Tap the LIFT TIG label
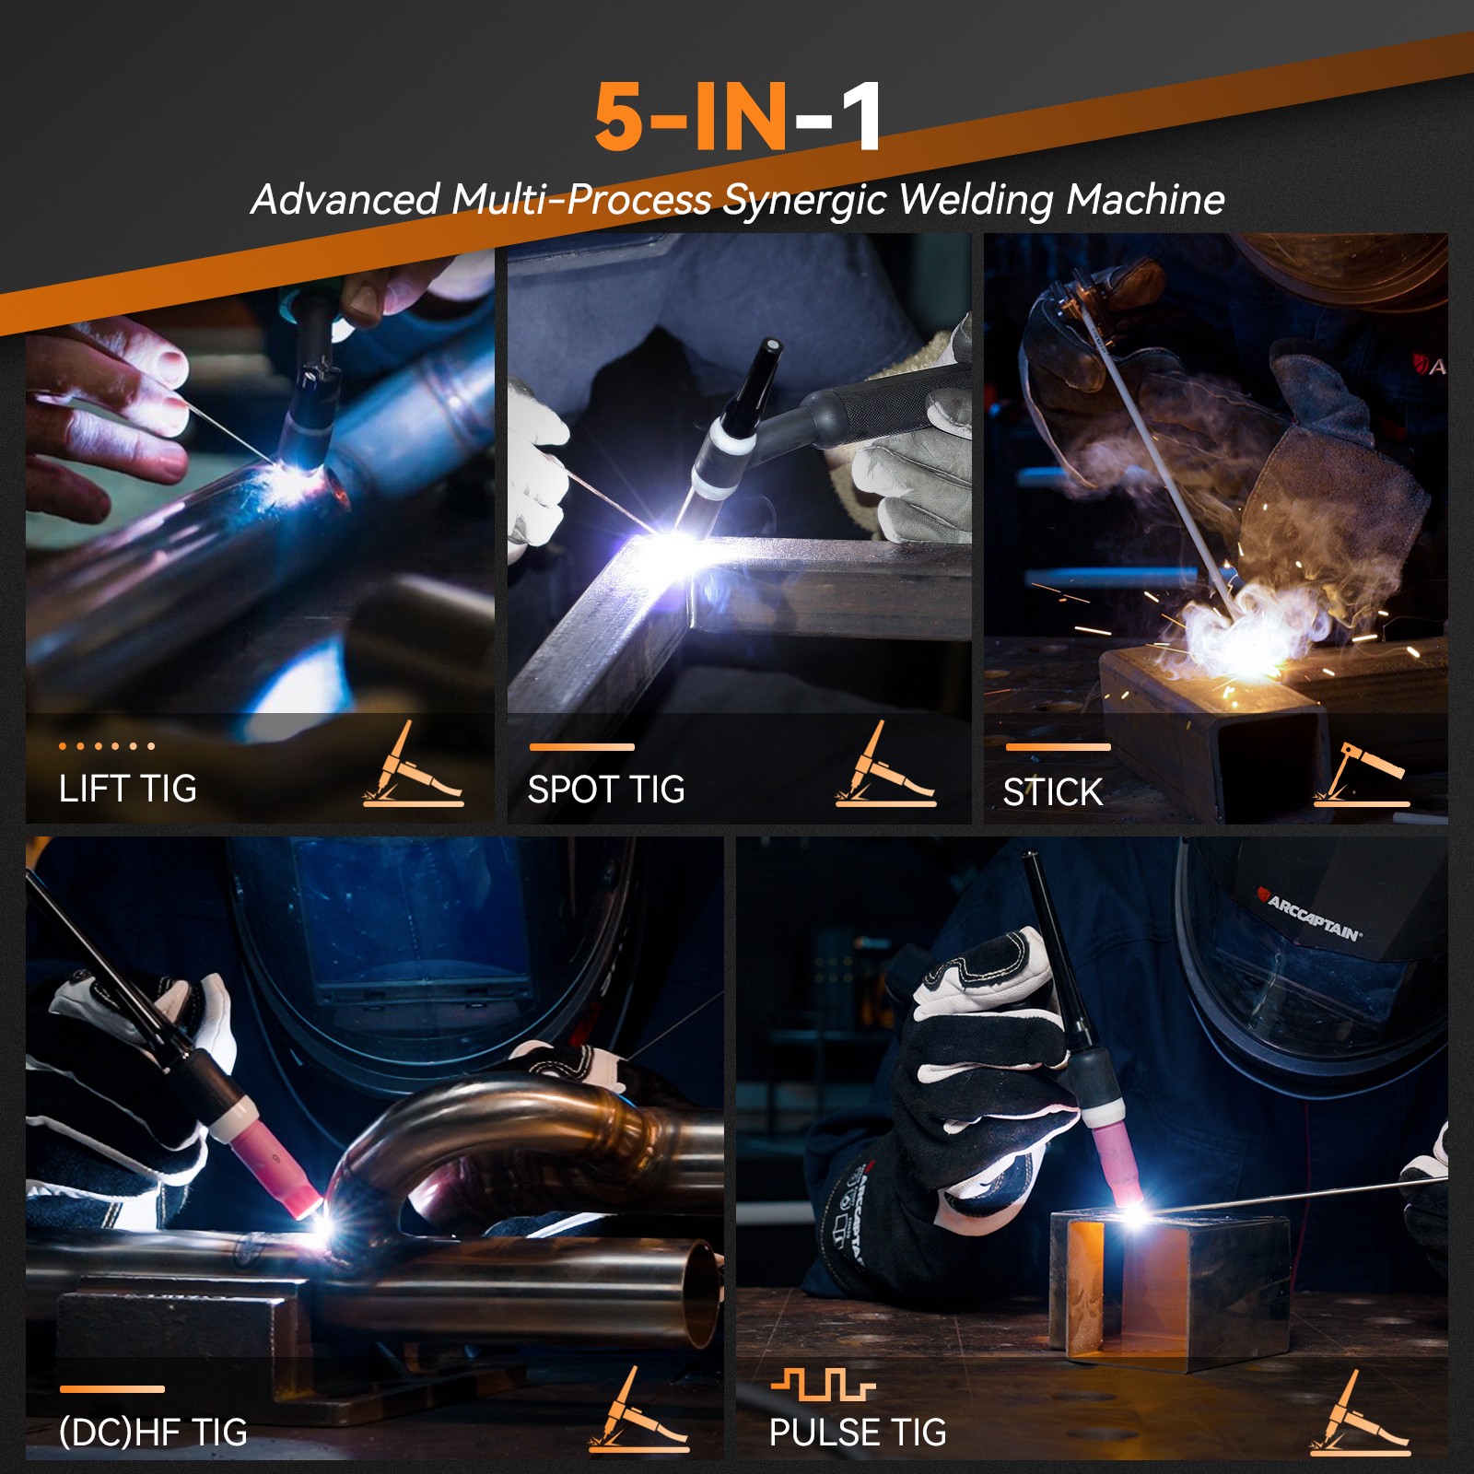(x=128, y=789)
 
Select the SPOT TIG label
(x=606, y=790)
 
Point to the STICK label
(x=1052, y=792)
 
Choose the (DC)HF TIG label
(x=153, y=1432)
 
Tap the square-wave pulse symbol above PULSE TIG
(x=823, y=1385)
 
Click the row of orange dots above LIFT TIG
(x=107, y=745)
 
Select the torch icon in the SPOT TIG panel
(x=884, y=766)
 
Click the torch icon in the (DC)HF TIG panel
(x=639, y=1411)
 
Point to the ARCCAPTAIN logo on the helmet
(x=1314, y=917)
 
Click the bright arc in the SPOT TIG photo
(x=677, y=548)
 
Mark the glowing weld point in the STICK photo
(x=1239, y=645)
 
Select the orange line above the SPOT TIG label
(x=581, y=746)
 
